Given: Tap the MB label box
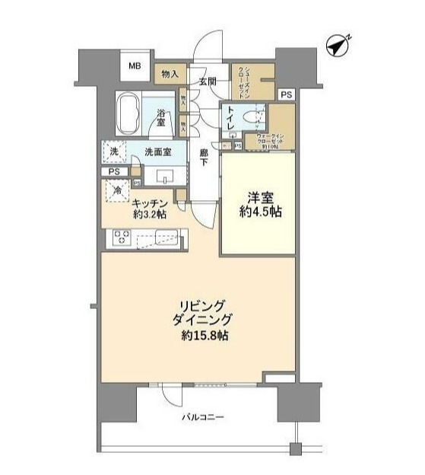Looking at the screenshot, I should [x=135, y=66].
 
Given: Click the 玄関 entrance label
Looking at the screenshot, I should [x=208, y=81].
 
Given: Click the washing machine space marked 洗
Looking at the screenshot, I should [x=114, y=151].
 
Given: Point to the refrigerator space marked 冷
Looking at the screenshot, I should [x=119, y=191].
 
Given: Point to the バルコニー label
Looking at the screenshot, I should [x=203, y=418].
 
